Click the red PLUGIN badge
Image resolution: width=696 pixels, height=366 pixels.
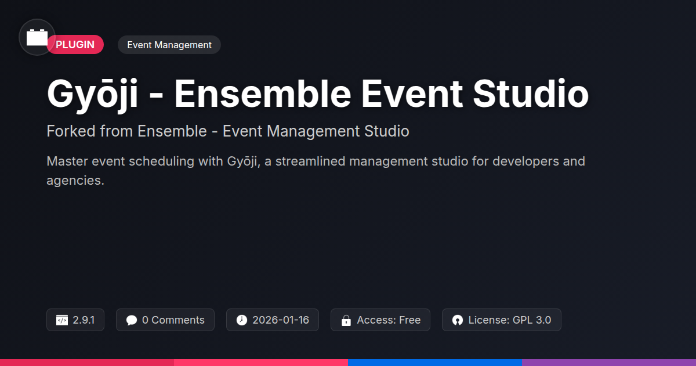tap(75, 45)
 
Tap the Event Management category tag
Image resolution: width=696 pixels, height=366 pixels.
tap(169, 45)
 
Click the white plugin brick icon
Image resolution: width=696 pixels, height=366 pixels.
tap(37, 37)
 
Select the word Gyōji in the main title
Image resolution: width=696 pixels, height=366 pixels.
tap(92, 94)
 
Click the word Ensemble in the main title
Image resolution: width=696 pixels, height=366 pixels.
tap(263, 94)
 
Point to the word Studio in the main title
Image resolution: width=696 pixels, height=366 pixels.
tap(531, 94)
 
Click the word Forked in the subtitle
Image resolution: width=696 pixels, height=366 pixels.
tap(71, 131)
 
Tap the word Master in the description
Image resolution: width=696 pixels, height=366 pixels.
tap(67, 162)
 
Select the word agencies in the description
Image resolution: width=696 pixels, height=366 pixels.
tap(75, 181)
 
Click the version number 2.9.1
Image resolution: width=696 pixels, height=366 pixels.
tap(84, 320)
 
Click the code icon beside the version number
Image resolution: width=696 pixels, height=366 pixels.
tap(62, 320)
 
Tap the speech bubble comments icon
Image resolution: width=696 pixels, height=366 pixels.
tap(132, 320)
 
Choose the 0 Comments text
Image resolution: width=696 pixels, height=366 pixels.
tap(173, 320)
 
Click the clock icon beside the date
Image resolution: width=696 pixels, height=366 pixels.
tap(242, 320)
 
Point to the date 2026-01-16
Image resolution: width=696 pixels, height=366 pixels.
tap(281, 320)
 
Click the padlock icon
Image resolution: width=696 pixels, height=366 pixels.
tap(346, 320)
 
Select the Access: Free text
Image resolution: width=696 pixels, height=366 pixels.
tap(389, 320)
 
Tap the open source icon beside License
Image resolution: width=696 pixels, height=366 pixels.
tap(458, 320)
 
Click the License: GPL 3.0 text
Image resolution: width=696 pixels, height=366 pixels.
tap(510, 320)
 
